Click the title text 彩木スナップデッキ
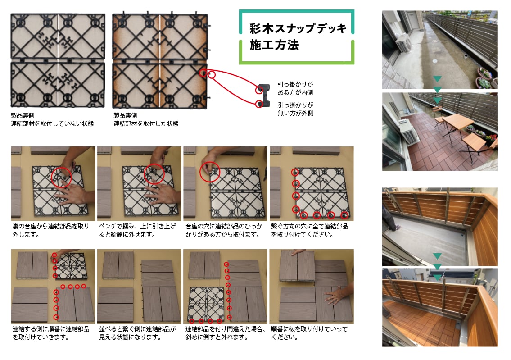tap(298, 28)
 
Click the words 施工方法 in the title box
tap(274, 45)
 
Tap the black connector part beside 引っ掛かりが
tap(264, 96)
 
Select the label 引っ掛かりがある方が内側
tap(295, 88)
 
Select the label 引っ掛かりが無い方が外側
tap(296, 109)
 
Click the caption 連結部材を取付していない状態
tap(52, 123)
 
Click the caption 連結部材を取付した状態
tap(146, 123)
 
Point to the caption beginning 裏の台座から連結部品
tap(50, 230)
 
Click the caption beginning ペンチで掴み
tap(137, 230)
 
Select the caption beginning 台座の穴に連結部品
tap(224, 230)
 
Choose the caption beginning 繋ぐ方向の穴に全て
tap(310, 230)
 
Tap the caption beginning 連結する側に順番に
tap(50, 333)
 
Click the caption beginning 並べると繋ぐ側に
tap(137, 333)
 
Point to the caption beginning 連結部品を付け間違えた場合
tap(225, 333)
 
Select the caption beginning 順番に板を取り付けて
tap(309, 333)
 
